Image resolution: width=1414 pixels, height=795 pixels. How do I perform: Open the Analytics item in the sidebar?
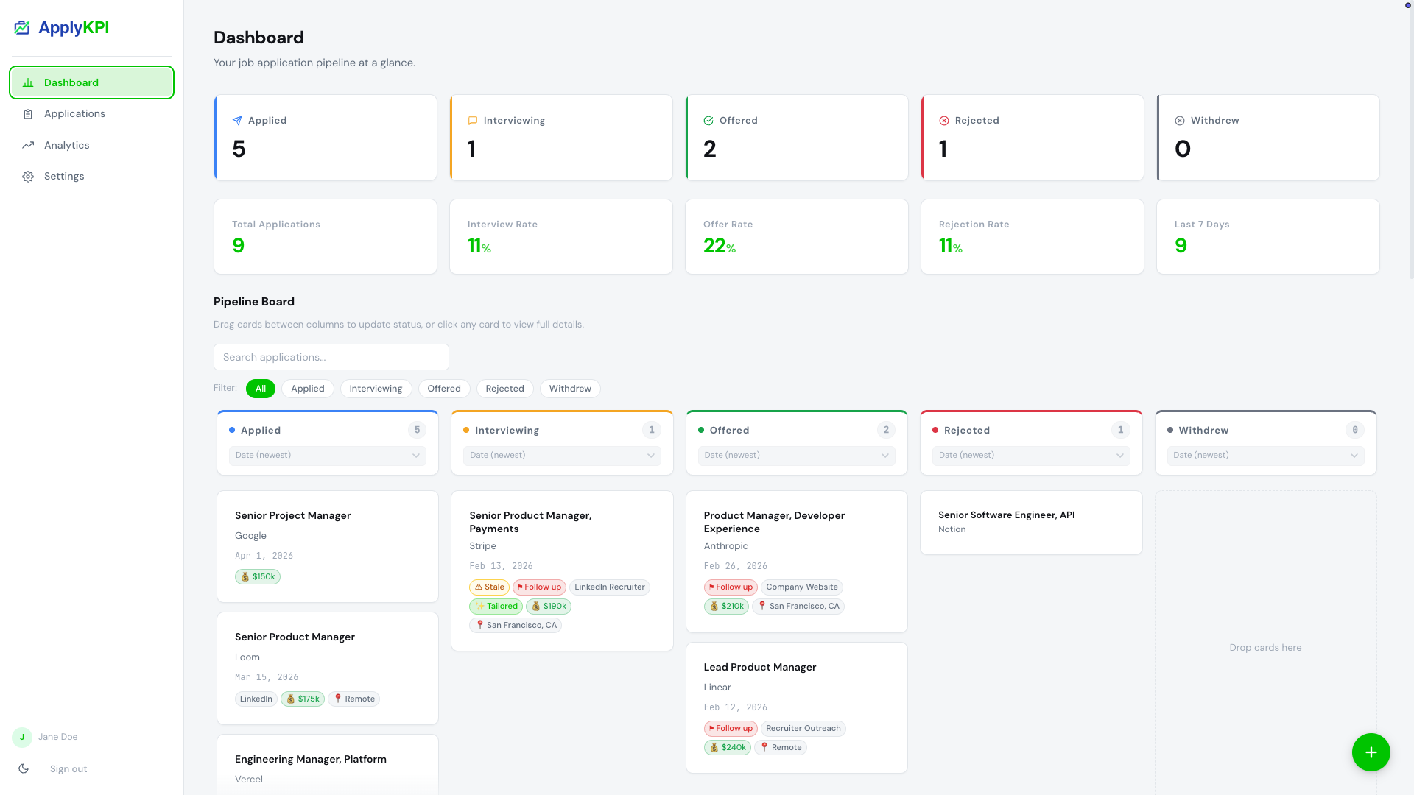coord(66,145)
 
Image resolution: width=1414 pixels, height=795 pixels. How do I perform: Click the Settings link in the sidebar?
coord(64,176)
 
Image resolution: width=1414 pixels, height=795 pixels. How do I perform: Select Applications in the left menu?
coord(74,113)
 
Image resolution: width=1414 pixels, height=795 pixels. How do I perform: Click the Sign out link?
coord(68,768)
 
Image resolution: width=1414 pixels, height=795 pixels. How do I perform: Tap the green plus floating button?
coord(1371,752)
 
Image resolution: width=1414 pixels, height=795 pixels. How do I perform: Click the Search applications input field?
coord(331,357)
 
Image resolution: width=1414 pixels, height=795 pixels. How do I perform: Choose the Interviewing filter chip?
coord(376,389)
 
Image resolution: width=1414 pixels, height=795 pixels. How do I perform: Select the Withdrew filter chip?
coord(569,389)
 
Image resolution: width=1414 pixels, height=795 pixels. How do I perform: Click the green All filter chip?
coord(261,389)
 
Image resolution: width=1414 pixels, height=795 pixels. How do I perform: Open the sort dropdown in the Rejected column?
coord(1030,456)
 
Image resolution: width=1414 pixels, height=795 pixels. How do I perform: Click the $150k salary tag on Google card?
coord(258,577)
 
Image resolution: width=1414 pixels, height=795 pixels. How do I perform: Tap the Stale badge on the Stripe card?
coord(489,587)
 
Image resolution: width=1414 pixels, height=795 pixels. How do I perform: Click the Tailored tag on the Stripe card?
coord(496,607)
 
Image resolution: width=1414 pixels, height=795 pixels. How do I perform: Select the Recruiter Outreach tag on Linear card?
coord(803,729)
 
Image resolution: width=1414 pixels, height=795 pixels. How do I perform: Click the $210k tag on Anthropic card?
coord(726,607)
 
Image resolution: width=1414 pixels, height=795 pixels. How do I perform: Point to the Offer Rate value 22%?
coord(719,246)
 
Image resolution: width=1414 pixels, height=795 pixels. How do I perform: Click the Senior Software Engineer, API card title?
coord(1006,515)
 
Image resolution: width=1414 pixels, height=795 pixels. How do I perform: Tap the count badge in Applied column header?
coord(417,430)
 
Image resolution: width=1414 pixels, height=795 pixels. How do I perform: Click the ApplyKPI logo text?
coord(74,28)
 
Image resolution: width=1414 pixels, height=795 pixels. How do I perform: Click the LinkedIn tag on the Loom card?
coord(256,699)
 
